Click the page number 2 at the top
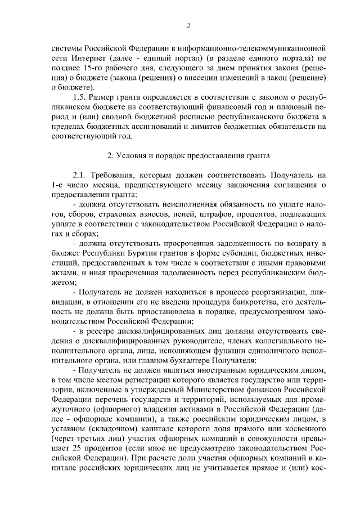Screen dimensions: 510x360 tap(189, 25)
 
